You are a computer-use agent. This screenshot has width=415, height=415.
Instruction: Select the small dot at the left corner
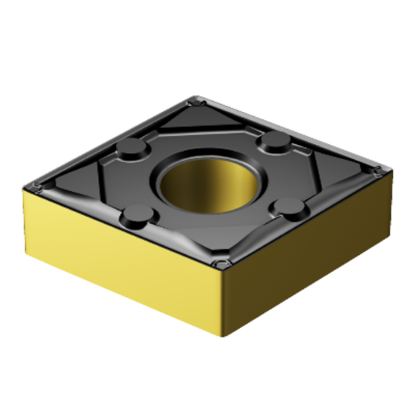[x=36, y=184]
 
